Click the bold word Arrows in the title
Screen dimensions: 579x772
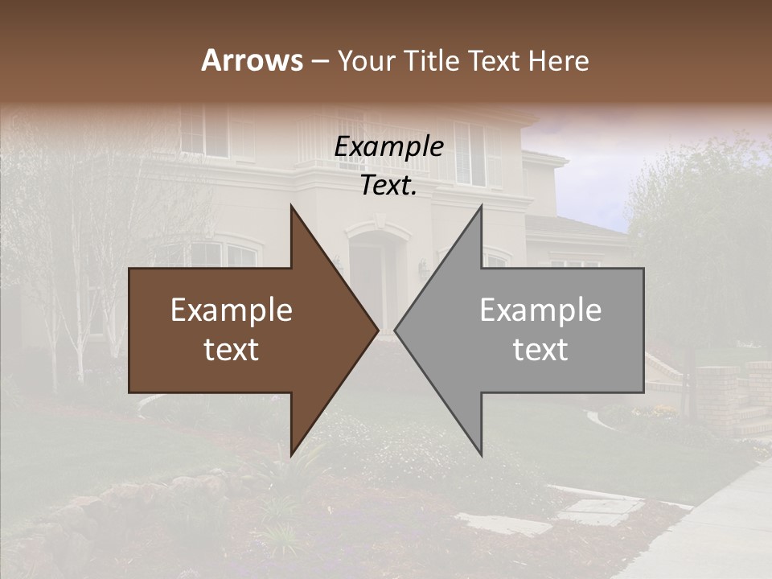pyautogui.click(x=253, y=60)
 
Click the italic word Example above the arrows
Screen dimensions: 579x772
pyautogui.click(x=388, y=147)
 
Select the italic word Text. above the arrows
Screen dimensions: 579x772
pyautogui.click(x=388, y=186)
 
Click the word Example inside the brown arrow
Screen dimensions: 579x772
pyautogui.click(x=232, y=310)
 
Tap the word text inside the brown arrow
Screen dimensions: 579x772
pyautogui.click(x=232, y=349)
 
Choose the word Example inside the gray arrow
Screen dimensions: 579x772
pyautogui.click(x=540, y=310)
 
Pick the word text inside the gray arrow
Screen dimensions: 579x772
pyautogui.click(x=540, y=349)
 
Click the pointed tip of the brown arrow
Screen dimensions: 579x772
pyautogui.click(x=376, y=330)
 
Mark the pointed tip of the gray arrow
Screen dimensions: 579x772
pyautogui.click(x=396, y=330)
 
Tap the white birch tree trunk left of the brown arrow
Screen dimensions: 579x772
pyautogui.click(x=80, y=346)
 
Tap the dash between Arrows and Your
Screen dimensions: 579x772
pyautogui.click(x=319, y=61)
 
